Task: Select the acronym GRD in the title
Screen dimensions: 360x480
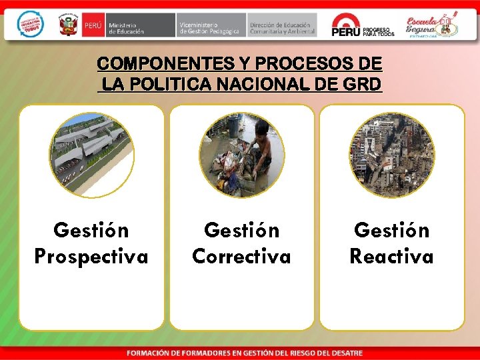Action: (364, 85)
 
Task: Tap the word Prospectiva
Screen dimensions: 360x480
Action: (91, 257)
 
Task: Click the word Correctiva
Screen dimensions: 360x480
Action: (241, 257)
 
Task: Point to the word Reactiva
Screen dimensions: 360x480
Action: (391, 257)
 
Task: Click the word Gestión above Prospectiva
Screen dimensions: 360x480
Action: (91, 231)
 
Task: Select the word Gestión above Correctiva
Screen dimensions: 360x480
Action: (241, 231)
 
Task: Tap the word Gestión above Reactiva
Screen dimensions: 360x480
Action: (391, 231)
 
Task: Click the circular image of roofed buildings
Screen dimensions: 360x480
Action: (91, 155)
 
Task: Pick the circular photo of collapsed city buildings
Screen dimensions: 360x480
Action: (392, 155)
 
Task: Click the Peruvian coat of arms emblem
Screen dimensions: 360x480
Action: (68, 26)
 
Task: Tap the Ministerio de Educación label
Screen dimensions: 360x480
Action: (127, 27)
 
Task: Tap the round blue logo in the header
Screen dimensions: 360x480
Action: (29, 25)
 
